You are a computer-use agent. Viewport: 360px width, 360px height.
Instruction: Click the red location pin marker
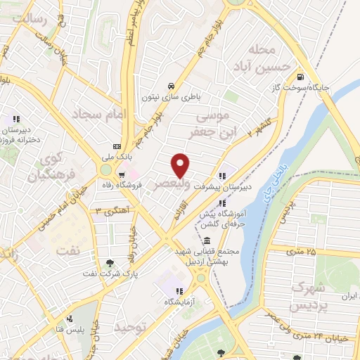click(181, 165)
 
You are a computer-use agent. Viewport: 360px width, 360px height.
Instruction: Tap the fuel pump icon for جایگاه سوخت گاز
click(301, 77)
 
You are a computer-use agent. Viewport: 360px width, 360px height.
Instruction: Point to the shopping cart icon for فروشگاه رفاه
click(122, 175)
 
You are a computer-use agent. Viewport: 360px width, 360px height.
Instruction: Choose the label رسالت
click(34, 19)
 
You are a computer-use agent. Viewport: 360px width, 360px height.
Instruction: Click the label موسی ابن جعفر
click(224, 123)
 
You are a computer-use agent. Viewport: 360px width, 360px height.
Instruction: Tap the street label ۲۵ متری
click(302, 251)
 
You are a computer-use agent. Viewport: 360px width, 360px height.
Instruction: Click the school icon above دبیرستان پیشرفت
click(223, 176)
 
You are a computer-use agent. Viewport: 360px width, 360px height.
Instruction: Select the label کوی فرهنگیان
click(49, 162)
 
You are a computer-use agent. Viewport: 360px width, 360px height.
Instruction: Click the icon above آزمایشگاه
click(179, 291)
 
